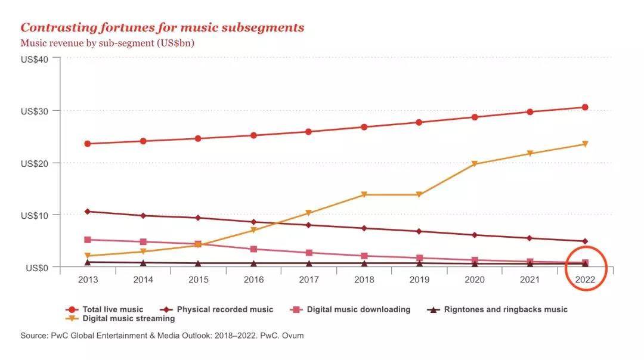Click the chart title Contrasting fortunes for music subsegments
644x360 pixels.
[x=162, y=27]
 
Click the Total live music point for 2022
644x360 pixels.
[x=585, y=107]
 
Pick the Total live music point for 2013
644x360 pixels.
[x=88, y=144]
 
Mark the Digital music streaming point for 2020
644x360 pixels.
[x=475, y=164]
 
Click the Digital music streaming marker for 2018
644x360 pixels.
[x=364, y=195]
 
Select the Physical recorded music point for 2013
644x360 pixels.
[x=88, y=212]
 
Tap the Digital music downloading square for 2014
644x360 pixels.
[x=143, y=242]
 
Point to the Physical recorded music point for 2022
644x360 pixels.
[x=585, y=241]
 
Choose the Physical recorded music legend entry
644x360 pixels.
[x=218, y=309]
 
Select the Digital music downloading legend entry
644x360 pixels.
[x=351, y=309]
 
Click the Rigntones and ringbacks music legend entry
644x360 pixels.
[x=499, y=309]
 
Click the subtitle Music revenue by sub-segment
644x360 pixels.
[x=107, y=43]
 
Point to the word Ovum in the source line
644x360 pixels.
[x=293, y=336]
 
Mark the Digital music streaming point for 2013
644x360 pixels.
[x=88, y=256]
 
